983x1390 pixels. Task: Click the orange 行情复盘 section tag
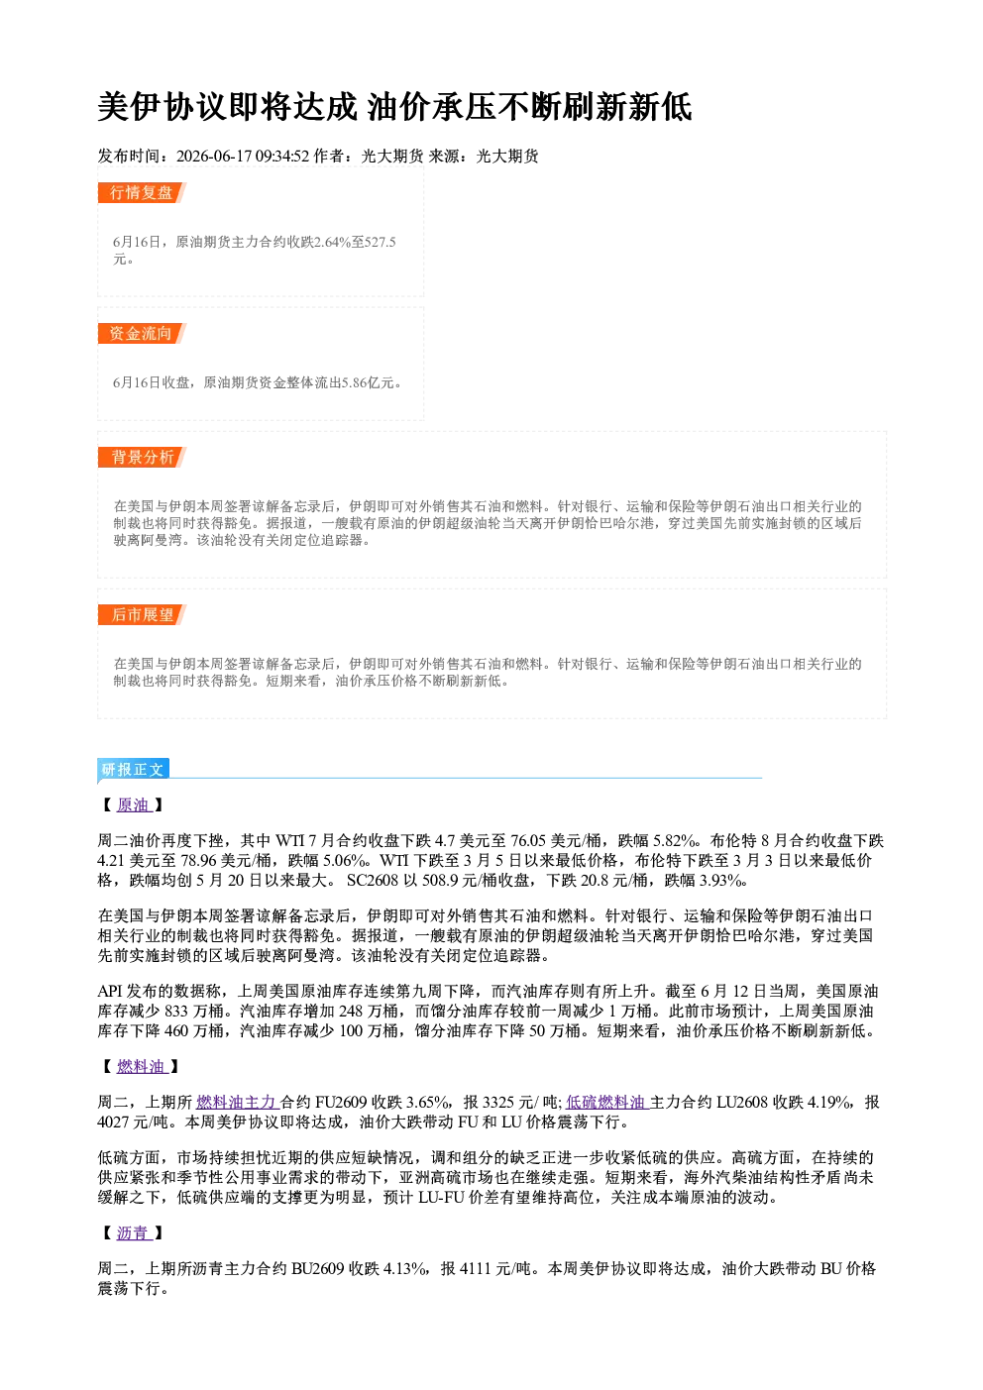(x=142, y=192)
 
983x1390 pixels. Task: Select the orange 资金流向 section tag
(x=142, y=333)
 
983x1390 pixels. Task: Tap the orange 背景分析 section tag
(x=142, y=458)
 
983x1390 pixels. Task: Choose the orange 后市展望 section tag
(x=142, y=615)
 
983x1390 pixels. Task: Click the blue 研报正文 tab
(x=133, y=770)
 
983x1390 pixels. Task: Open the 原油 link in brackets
(x=134, y=804)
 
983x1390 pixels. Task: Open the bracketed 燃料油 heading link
(x=142, y=1066)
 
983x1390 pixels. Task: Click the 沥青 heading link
(x=134, y=1233)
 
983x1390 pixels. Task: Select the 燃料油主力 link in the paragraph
(x=237, y=1102)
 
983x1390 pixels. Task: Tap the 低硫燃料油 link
(x=606, y=1102)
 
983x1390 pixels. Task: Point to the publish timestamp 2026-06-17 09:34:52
(x=243, y=157)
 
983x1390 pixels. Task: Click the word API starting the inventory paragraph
(x=110, y=991)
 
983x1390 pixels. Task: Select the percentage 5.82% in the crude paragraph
(x=674, y=841)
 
